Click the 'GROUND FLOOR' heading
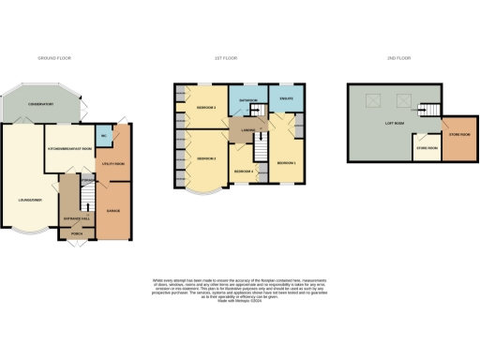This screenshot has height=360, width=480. (x=55, y=58)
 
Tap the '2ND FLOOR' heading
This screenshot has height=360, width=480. (x=398, y=58)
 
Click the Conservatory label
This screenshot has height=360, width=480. (x=39, y=103)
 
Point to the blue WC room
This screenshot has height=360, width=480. (x=103, y=138)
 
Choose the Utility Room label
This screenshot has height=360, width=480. (x=113, y=164)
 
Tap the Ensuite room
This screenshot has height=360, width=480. (x=282, y=97)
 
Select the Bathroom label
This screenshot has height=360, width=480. (x=247, y=99)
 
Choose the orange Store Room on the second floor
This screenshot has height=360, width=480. (x=458, y=134)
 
